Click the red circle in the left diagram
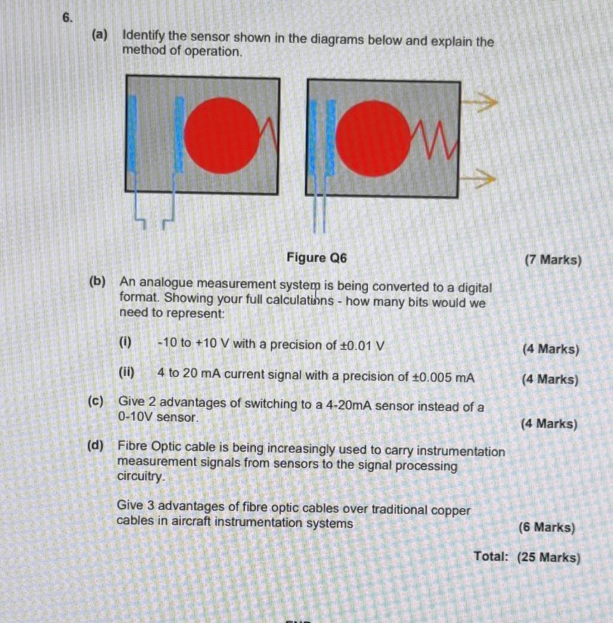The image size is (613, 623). [221, 135]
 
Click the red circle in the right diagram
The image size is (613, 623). [372, 137]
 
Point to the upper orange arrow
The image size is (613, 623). [478, 104]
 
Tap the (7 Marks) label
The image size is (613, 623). [553, 260]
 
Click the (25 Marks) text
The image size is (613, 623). [549, 558]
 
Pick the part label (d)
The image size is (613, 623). [95, 446]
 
